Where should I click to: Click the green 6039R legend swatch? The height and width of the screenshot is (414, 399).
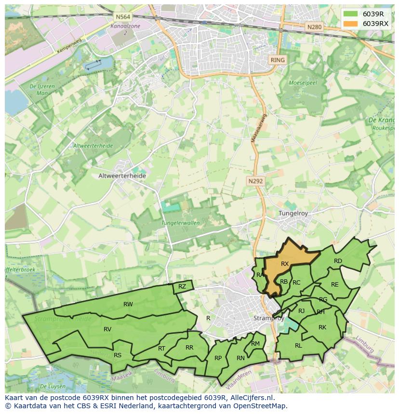click(351, 13)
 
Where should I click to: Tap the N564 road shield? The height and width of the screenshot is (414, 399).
click(120, 17)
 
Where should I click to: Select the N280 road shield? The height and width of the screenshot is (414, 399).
click(314, 27)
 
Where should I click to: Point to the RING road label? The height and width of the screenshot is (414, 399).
click(278, 60)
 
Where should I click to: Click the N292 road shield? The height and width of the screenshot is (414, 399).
click(256, 181)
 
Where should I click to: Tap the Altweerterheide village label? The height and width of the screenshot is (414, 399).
click(122, 176)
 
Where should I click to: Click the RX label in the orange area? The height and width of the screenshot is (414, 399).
click(285, 263)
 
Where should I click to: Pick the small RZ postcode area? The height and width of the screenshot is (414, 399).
click(182, 287)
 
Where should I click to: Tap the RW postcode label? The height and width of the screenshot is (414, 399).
click(128, 304)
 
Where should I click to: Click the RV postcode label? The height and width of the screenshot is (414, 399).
click(107, 329)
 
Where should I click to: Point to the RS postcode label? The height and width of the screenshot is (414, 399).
click(118, 355)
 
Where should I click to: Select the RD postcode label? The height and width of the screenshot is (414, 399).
click(338, 261)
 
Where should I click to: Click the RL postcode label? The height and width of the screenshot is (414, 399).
click(298, 345)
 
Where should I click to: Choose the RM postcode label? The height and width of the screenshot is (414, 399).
click(255, 343)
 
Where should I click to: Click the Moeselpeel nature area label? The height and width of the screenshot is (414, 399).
click(302, 83)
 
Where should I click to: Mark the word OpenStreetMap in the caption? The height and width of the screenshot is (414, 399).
click(260, 406)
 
